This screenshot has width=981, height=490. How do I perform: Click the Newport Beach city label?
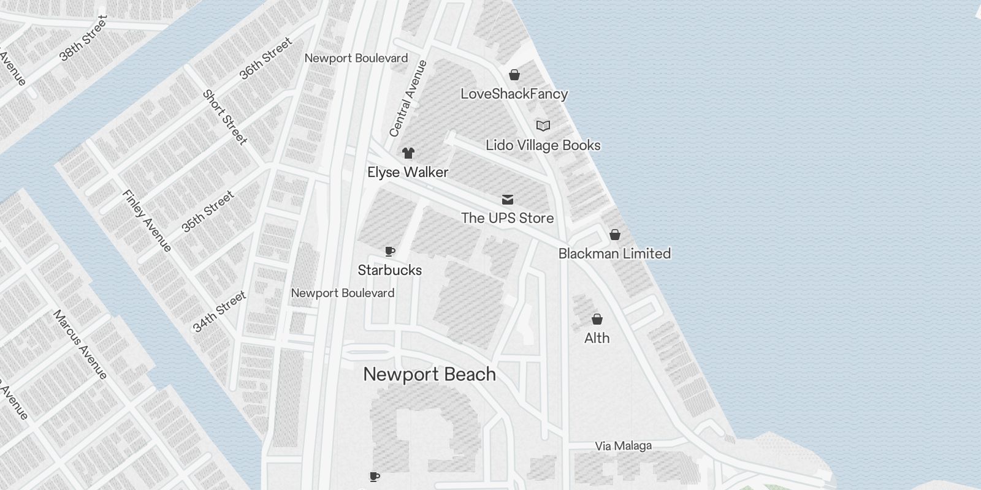click(429, 374)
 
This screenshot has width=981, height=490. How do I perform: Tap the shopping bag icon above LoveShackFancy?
click(514, 75)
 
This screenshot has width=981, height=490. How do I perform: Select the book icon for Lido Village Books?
click(543, 126)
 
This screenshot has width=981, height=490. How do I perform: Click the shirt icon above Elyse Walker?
click(408, 153)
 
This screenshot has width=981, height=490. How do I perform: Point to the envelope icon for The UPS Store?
click(507, 200)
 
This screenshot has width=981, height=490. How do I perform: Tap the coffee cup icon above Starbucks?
click(390, 251)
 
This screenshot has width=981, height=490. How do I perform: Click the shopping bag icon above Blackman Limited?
click(614, 235)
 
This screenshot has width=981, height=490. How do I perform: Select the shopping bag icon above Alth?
click(597, 319)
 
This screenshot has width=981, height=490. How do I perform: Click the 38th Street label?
click(83, 39)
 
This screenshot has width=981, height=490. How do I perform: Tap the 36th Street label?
click(265, 59)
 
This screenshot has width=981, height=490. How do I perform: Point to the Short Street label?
click(225, 118)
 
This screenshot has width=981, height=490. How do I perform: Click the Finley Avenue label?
click(147, 221)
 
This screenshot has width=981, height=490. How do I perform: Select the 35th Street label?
click(208, 211)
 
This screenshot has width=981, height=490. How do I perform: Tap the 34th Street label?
click(219, 312)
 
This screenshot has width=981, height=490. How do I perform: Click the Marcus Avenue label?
click(80, 344)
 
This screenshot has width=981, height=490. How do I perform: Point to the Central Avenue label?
click(408, 99)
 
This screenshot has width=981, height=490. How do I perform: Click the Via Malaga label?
click(623, 446)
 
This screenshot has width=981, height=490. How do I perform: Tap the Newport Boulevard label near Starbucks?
click(342, 293)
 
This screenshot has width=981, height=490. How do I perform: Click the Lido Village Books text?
click(543, 145)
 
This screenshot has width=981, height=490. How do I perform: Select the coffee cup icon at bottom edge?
click(374, 477)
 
